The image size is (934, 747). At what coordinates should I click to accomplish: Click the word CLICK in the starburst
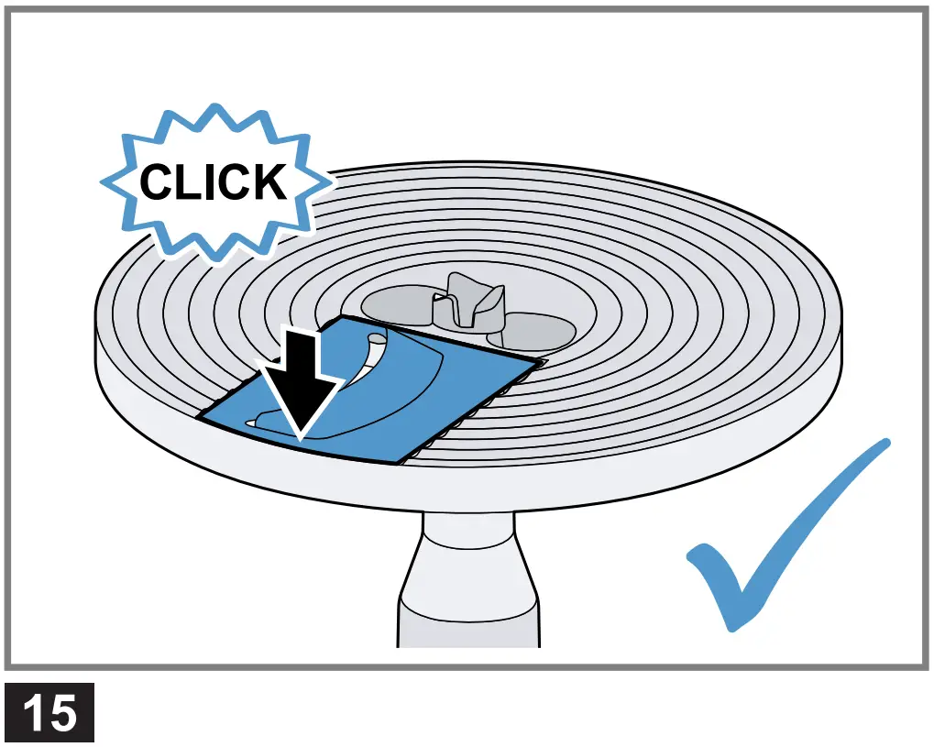[213, 182]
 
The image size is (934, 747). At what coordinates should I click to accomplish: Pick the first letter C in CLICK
[159, 182]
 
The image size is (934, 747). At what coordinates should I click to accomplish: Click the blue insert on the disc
[385, 394]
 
